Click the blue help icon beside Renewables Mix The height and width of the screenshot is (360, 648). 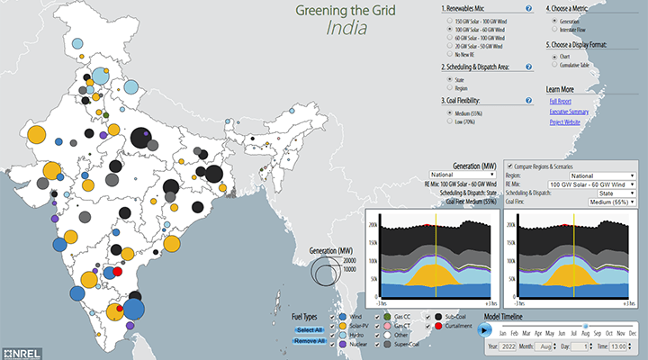coord(528,9)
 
